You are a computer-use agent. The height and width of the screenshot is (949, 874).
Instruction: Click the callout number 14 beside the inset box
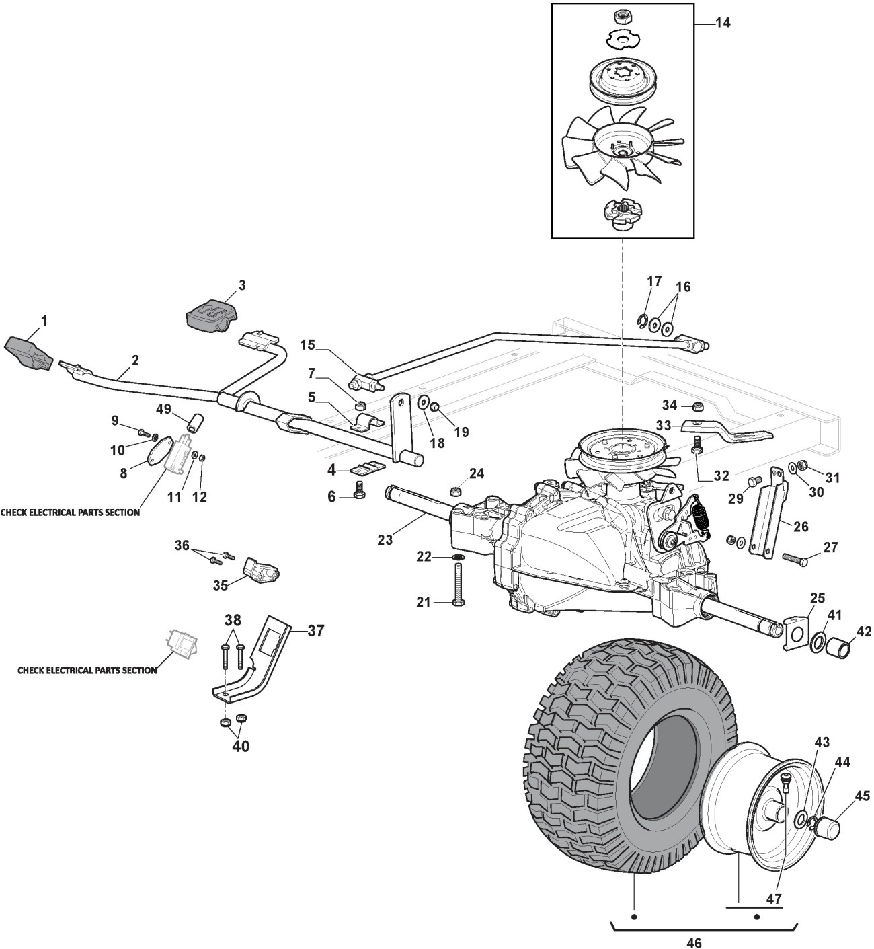(x=723, y=23)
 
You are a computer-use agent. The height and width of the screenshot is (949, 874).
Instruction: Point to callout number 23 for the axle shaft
(x=385, y=540)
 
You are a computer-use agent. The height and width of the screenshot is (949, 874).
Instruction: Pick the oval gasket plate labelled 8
(x=157, y=451)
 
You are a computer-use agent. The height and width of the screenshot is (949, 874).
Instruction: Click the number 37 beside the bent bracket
(x=315, y=630)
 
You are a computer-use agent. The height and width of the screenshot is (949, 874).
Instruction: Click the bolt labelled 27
(x=795, y=560)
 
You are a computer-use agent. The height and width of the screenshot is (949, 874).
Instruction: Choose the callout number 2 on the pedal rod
(x=135, y=360)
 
